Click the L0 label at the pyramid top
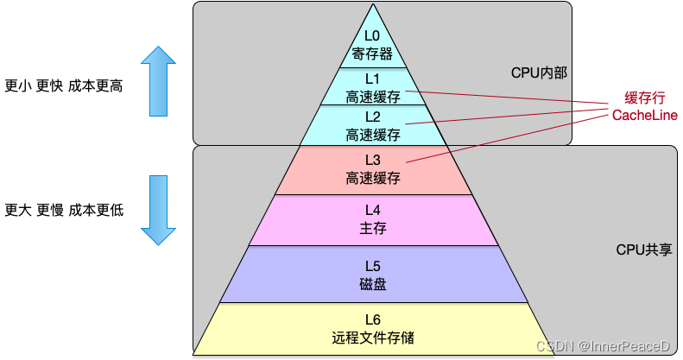point(372,35)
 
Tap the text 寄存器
point(372,54)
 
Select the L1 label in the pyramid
point(372,79)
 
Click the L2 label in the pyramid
point(372,117)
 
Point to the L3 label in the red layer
point(372,160)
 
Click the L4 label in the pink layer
point(372,210)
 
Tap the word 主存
point(372,228)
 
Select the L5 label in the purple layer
point(372,265)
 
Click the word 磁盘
point(372,283)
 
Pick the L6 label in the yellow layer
point(372,319)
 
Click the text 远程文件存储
point(372,338)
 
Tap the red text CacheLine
point(644,116)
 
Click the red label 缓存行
point(644,98)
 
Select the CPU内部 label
point(539,73)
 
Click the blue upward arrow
point(159,80)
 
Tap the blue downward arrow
point(159,209)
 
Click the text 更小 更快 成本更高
point(64,85)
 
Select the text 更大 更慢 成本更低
point(64,210)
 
